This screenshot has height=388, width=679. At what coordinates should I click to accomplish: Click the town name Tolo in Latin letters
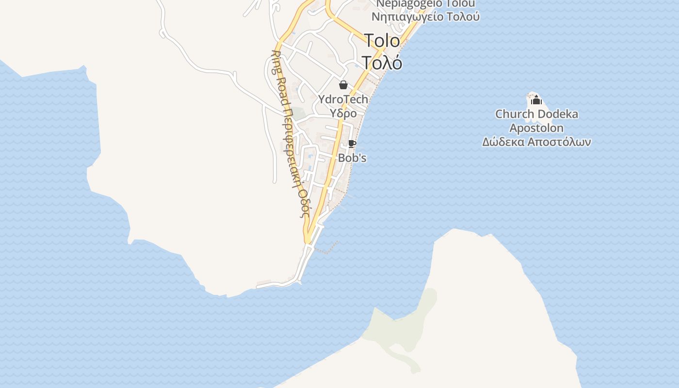tap(382, 41)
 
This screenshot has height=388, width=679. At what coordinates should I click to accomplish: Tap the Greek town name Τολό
tap(382, 63)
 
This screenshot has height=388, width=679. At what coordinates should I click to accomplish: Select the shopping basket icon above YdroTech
tap(343, 85)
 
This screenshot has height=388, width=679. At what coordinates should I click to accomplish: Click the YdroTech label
tap(343, 99)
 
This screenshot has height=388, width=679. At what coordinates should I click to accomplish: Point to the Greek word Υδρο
tap(343, 113)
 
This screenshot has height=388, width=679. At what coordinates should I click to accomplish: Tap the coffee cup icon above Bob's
tap(352, 144)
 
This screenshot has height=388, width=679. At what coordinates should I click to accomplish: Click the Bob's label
tap(352, 158)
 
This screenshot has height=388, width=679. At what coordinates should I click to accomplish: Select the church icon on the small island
tap(536, 100)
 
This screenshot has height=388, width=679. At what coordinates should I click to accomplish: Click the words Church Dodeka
tap(536, 114)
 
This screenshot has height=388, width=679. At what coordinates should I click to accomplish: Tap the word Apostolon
tap(536, 129)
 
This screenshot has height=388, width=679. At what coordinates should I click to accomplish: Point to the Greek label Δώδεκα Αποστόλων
tap(536, 143)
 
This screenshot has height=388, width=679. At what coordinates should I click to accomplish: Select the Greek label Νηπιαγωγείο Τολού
tap(425, 17)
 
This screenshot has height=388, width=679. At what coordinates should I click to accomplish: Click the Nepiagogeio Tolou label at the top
tap(425, 4)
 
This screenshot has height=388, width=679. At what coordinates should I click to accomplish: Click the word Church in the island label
tap(514, 114)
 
